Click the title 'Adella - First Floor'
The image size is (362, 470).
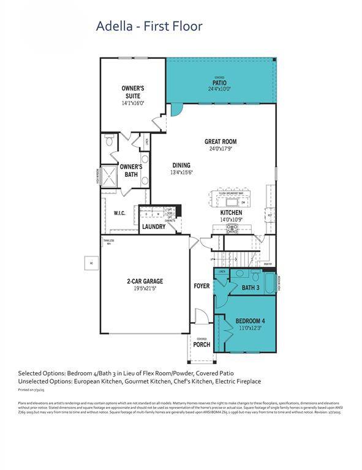(x=149, y=26)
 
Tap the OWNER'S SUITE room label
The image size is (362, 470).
(x=132, y=92)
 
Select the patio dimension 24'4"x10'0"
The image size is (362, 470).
(x=219, y=89)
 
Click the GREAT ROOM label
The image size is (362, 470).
(x=220, y=141)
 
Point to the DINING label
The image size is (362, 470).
(x=181, y=165)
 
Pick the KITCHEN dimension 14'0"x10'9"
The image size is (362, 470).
(x=232, y=219)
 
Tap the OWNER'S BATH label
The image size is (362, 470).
(x=131, y=171)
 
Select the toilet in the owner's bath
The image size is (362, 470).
(x=110, y=142)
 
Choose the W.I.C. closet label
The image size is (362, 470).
(x=119, y=213)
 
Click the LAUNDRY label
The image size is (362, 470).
(x=154, y=226)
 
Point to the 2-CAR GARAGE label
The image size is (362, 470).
(x=145, y=282)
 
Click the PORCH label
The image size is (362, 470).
(x=202, y=345)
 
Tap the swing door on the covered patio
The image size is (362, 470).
(x=176, y=110)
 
